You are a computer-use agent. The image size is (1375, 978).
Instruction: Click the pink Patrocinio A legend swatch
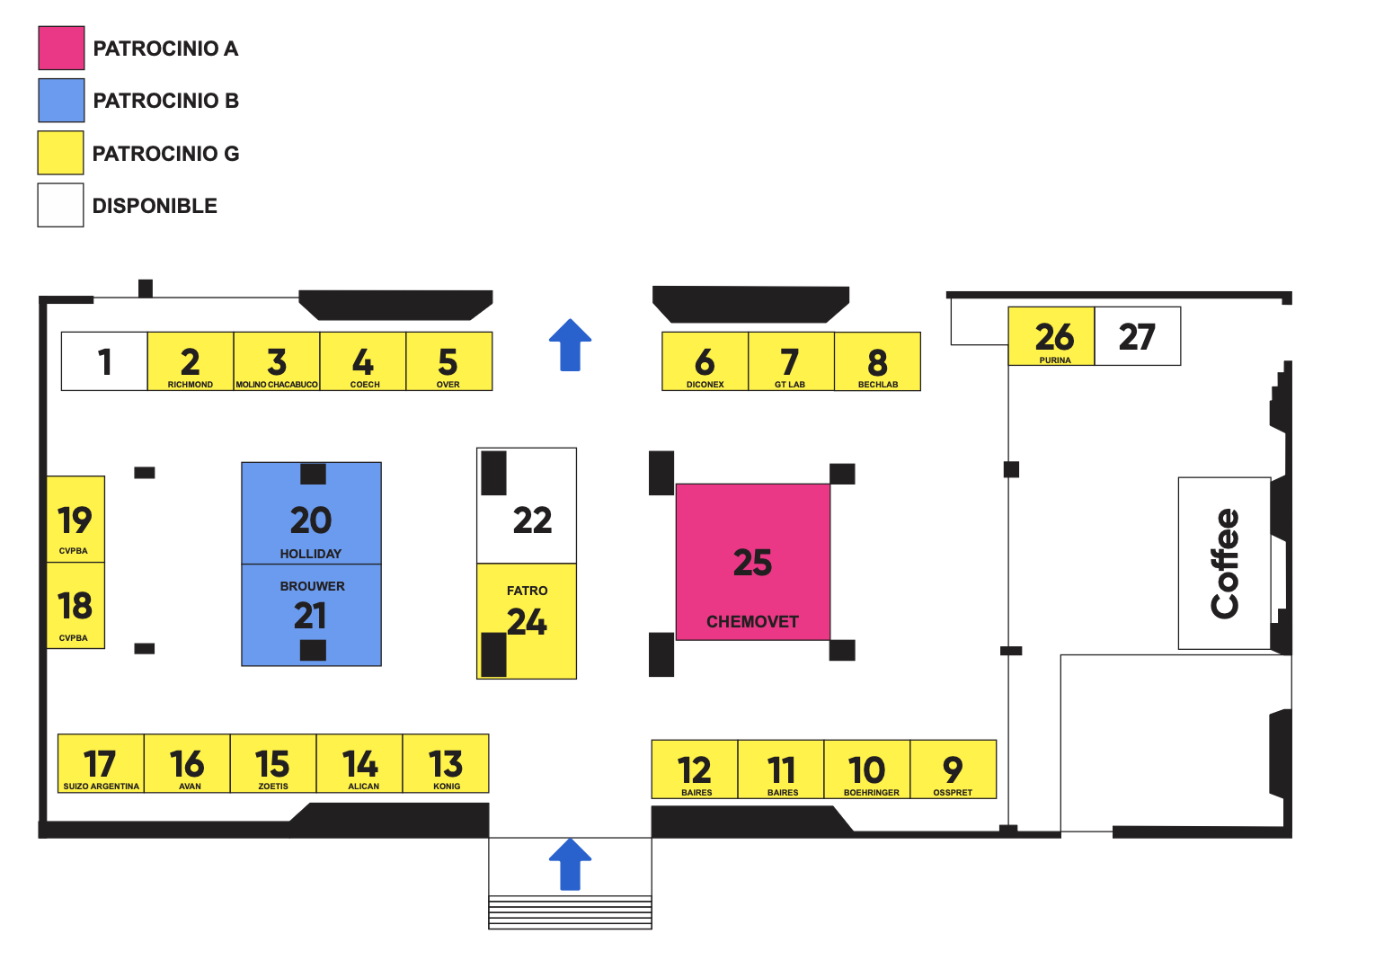pyautogui.click(x=61, y=49)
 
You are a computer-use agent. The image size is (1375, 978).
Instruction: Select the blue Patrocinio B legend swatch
pyautogui.click(x=61, y=101)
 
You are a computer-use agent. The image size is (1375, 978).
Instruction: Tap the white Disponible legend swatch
pyautogui.click(x=60, y=205)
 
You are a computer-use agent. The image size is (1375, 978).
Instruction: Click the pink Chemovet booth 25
pyautogui.click(x=753, y=563)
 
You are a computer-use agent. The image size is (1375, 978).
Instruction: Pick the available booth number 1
pyautogui.click(x=104, y=361)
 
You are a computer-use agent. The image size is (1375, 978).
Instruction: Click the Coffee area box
pyautogui.click(x=1224, y=564)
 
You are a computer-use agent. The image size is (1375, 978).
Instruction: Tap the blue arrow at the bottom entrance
pyautogui.click(x=570, y=865)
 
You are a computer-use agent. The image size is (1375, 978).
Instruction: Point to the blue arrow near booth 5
pyautogui.click(x=570, y=345)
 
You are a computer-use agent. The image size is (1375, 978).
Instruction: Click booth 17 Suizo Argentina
pyautogui.click(x=101, y=764)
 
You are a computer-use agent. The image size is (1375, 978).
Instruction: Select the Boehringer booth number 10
pyautogui.click(x=867, y=769)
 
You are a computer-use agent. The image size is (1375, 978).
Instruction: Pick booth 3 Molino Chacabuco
pyautogui.click(x=277, y=361)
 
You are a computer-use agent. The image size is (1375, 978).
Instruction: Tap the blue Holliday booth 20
pyautogui.click(x=311, y=521)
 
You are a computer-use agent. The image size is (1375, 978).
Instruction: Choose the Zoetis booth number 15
pyautogui.click(x=273, y=764)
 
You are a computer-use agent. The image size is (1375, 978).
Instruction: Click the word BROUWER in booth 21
pyautogui.click(x=312, y=586)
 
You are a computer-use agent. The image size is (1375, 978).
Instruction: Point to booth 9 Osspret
pyautogui.click(x=954, y=769)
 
